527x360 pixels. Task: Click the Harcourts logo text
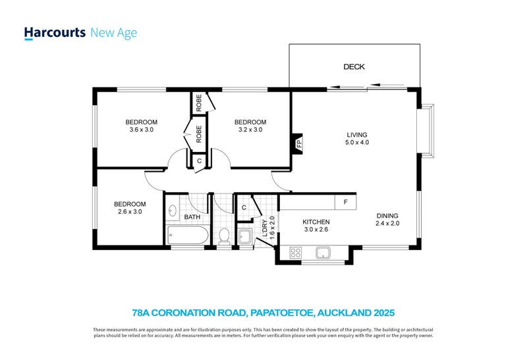pyautogui.click(x=54, y=32)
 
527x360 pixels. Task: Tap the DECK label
pyautogui.click(x=354, y=67)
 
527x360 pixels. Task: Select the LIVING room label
pyautogui.click(x=354, y=135)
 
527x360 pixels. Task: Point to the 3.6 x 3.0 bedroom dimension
pyautogui.click(x=141, y=130)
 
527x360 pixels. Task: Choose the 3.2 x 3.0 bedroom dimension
pyautogui.click(x=250, y=130)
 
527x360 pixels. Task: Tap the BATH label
pyautogui.click(x=192, y=217)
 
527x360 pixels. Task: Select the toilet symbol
pyautogui.click(x=223, y=235)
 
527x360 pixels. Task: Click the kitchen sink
pyautogui.click(x=323, y=252)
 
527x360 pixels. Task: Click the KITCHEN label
pyautogui.click(x=316, y=222)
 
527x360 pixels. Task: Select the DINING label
pyautogui.click(x=387, y=215)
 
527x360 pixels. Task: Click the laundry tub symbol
pyautogui.click(x=244, y=236)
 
